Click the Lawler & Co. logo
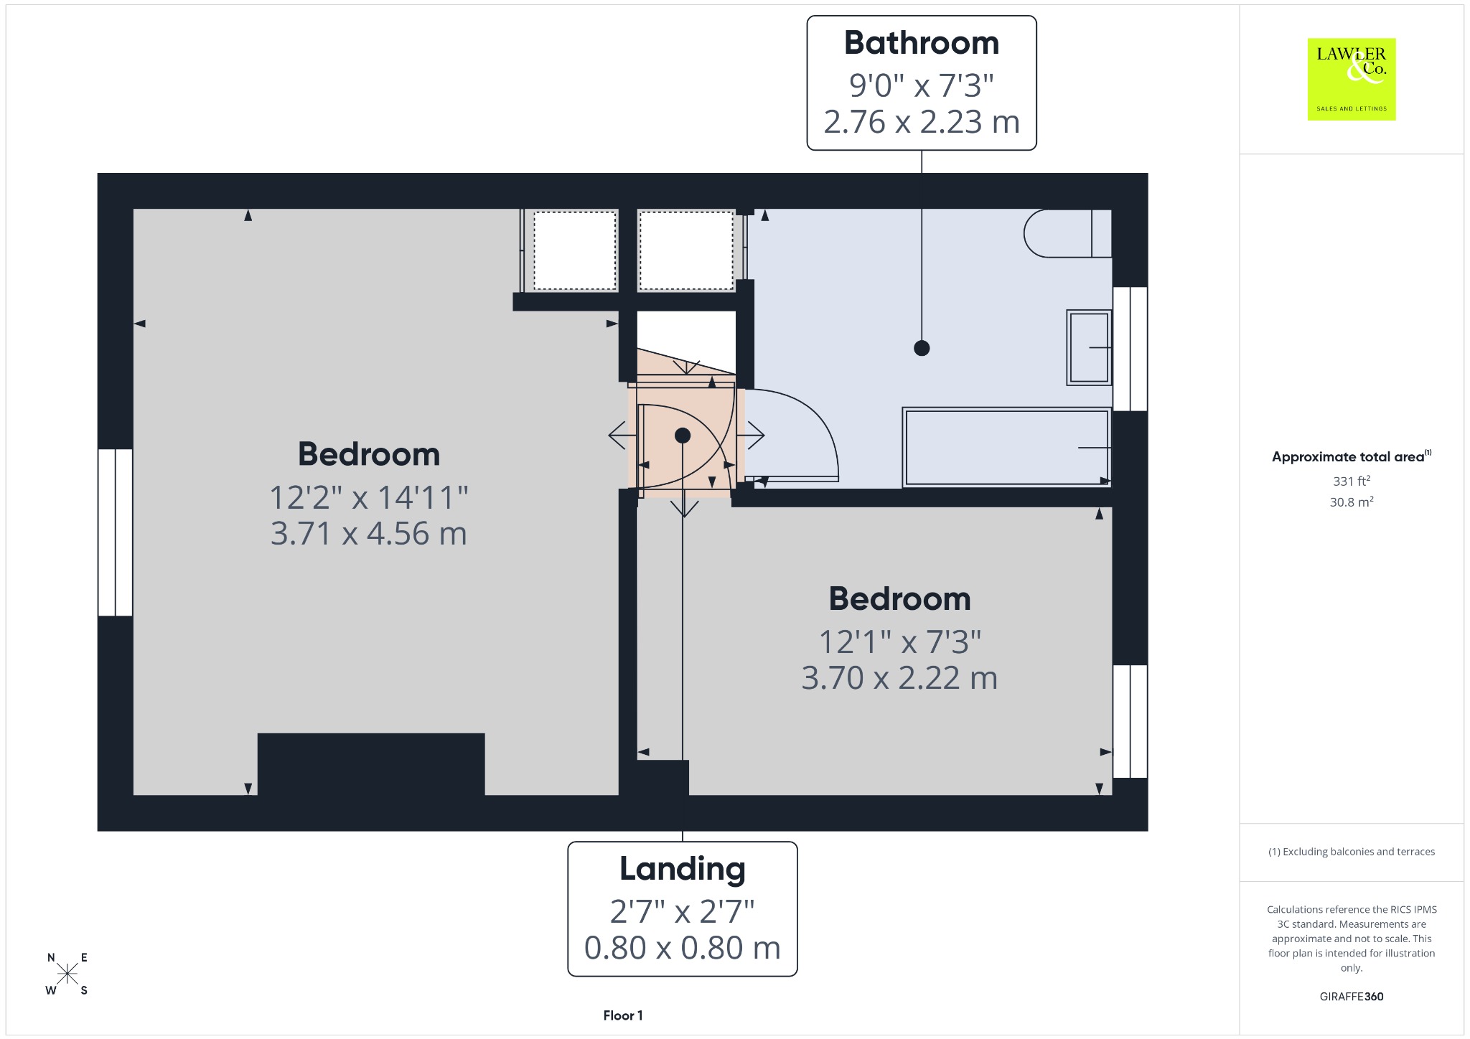(1351, 79)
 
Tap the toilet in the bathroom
(1067, 233)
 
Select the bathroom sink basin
(1089, 347)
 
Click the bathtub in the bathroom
(1007, 448)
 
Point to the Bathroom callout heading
(922, 43)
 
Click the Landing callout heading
(683, 869)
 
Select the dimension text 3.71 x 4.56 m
(369, 534)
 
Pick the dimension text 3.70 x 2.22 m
(899, 678)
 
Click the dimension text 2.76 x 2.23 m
(922, 122)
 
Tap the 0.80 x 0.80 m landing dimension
(683, 948)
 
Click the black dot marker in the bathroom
(922, 348)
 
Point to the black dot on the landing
(683, 436)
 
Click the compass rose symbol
(67, 974)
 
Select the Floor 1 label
(623, 1015)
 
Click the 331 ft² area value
(1352, 481)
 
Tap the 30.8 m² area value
(1352, 502)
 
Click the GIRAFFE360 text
(1352, 997)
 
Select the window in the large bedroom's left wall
(116, 532)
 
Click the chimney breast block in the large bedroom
(371, 764)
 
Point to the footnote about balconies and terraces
(1352, 852)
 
